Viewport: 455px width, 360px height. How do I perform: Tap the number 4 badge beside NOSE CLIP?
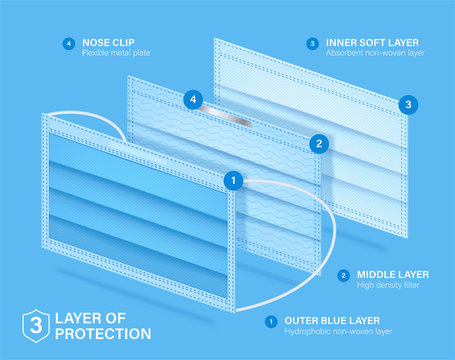68,43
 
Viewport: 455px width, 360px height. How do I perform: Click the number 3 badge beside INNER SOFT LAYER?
312,43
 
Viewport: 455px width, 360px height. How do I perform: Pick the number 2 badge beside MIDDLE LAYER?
343,274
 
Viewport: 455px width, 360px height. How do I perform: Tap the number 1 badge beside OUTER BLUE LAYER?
270,321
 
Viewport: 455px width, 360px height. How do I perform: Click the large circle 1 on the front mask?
233,180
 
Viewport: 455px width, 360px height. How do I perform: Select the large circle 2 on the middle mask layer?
318,143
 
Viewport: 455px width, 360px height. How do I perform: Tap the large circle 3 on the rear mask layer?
407,103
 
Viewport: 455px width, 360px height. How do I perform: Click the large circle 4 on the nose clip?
194,99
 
